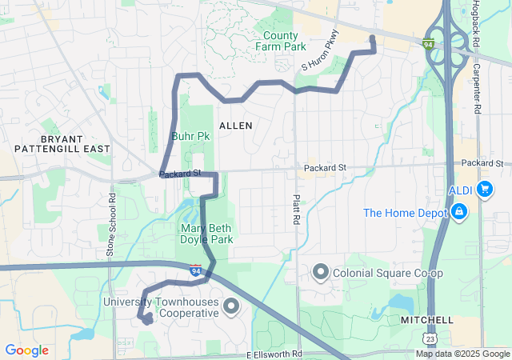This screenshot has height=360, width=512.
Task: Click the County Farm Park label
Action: [280, 42]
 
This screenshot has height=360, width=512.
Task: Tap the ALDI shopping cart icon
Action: [484, 190]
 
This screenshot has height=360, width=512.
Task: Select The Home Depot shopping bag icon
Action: [459, 213]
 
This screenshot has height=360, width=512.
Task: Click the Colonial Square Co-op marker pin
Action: [320, 272]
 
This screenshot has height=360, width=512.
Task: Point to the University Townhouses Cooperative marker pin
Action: [231, 306]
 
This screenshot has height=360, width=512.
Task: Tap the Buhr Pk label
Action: [190, 136]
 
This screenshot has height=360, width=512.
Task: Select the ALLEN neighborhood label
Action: [235, 126]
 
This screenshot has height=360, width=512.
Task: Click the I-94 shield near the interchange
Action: [430, 43]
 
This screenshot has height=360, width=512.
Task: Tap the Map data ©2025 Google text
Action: [462, 354]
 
